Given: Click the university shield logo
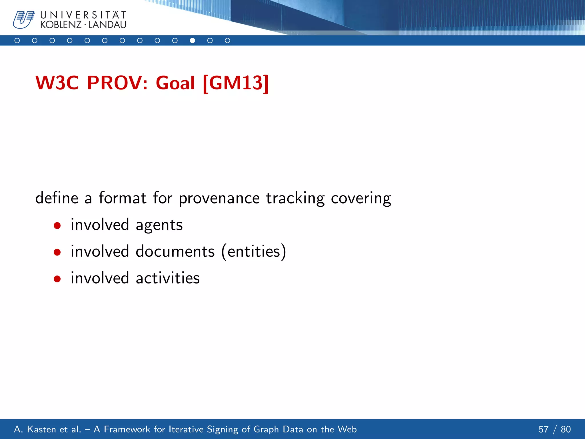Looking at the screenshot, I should coord(24,20).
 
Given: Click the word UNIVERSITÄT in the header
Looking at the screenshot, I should coord(83,15).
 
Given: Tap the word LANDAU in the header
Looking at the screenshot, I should coord(107,25).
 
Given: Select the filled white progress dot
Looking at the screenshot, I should coord(192,41).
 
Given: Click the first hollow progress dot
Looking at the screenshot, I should coord(17,41).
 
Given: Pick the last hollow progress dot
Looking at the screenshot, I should coord(227,41).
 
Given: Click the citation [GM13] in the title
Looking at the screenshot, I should coord(236,83).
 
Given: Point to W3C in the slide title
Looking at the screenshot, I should coord(57,83).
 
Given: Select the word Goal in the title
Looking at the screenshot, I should coord(175,83).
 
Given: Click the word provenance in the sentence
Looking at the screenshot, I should coord(219,198).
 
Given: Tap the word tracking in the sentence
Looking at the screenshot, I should coord(295,198).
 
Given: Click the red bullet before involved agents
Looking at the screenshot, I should coord(57,226).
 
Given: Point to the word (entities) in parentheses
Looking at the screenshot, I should coord(254,252).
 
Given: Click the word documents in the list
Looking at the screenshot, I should coord(175,252).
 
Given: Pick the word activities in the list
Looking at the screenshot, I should coord(168,278).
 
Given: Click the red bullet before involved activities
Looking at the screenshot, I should coord(57,279).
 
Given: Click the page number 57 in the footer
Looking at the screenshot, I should coord(543,429).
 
